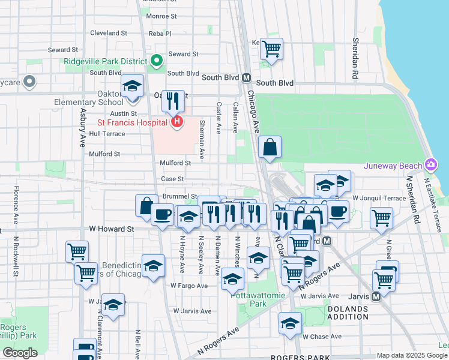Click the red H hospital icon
(176, 122)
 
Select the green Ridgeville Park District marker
(157, 61)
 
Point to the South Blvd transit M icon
(246, 78)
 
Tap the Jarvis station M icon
(376, 296)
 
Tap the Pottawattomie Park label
(249, 299)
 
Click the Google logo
(20, 353)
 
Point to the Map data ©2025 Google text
(411, 355)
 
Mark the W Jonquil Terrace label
(379, 197)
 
